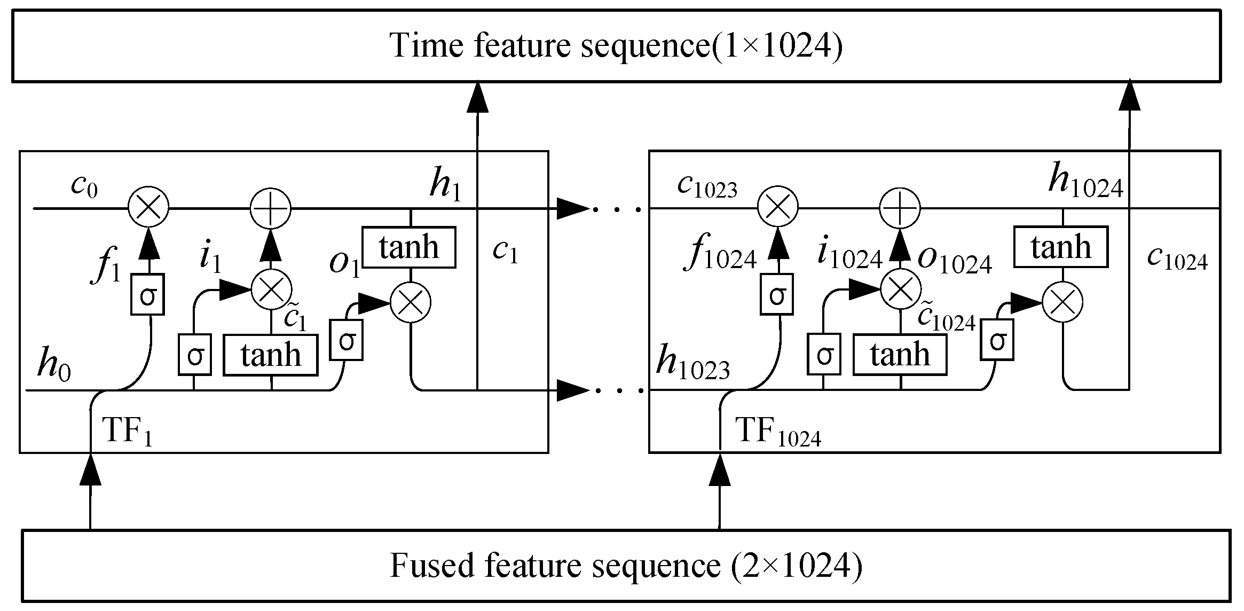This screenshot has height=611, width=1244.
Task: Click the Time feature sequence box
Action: click(x=616, y=46)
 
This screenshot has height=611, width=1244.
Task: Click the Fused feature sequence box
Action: click(x=626, y=566)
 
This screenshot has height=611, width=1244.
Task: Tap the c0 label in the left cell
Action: click(x=84, y=186)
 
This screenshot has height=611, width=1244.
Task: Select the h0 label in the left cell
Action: click(x=53, y=365)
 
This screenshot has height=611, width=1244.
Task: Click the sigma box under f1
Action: click(x=147, y=294)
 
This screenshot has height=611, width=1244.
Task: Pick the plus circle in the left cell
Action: click(x=271, y=208)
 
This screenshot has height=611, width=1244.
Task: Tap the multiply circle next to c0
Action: click(x=148, y=207)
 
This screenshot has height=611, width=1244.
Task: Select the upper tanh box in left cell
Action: click(x=409, y=247)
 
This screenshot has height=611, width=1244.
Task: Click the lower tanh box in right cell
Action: click(x=900, y=355)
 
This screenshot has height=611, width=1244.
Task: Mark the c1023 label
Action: click(x=707, y=186)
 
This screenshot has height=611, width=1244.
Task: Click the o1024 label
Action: click(x=954, y=260)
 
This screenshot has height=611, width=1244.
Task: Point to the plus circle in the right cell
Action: click(x=900, y=208)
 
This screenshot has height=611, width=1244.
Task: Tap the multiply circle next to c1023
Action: click(x=778, y=207)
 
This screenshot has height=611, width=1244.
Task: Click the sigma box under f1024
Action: click(x=777, y=294)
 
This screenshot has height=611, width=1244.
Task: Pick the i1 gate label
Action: click(x=210, y=256)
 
